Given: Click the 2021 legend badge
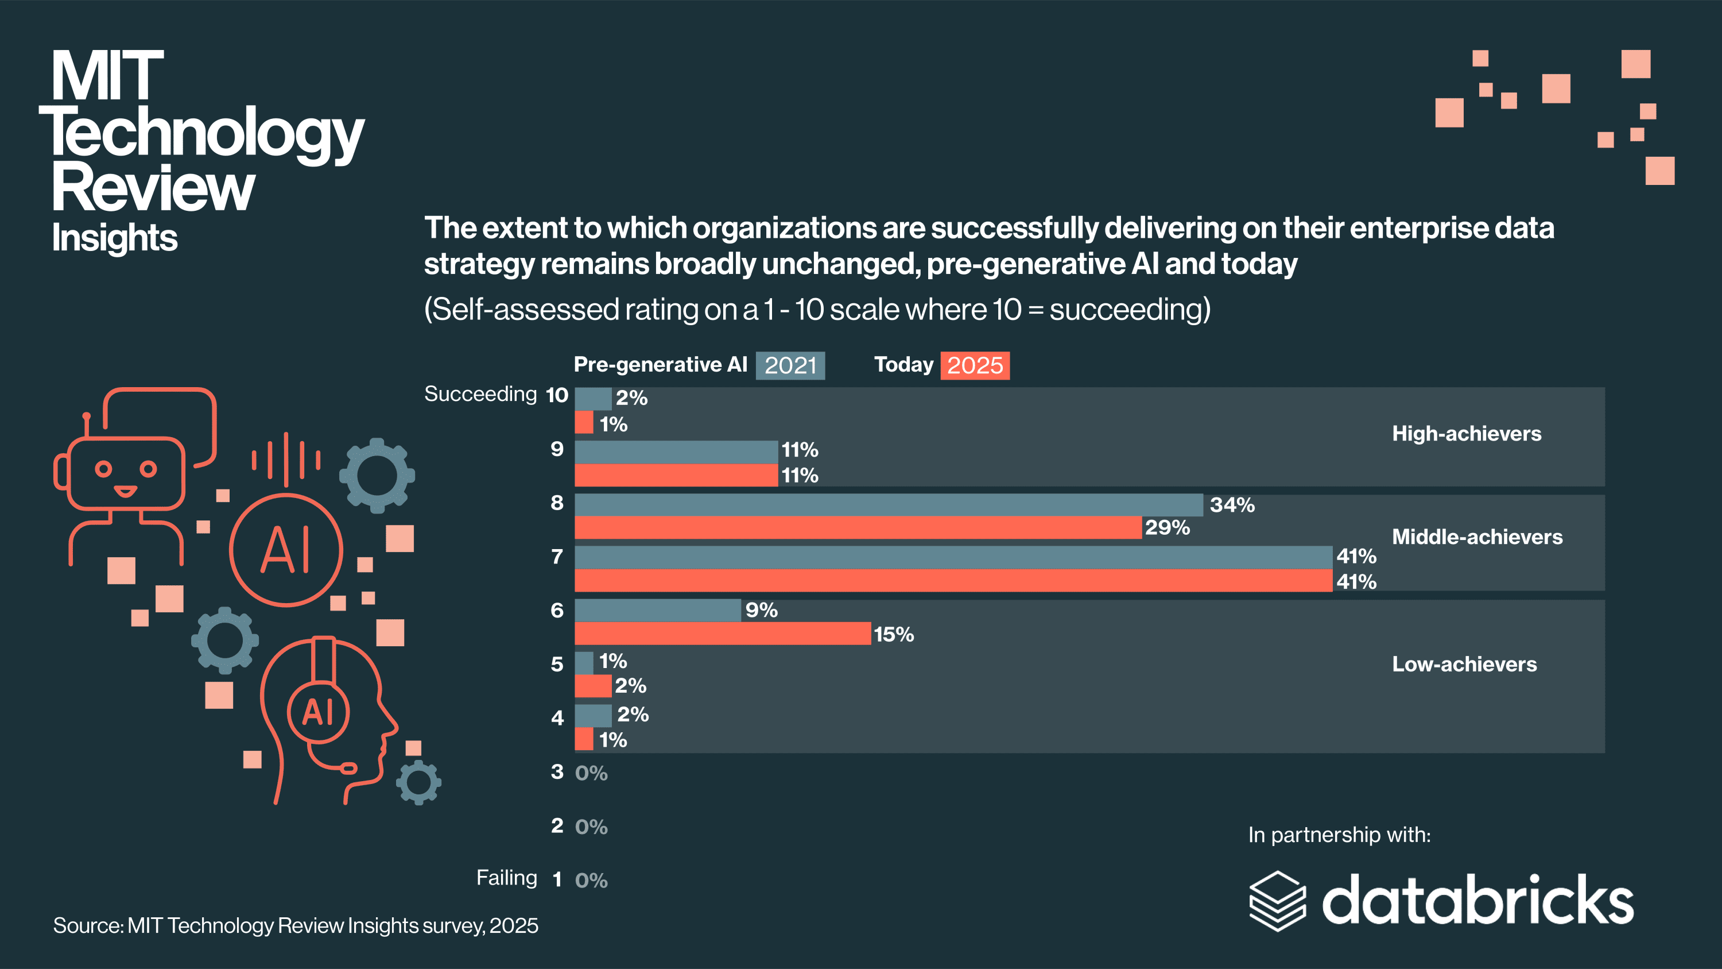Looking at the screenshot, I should click(x=790, y=366).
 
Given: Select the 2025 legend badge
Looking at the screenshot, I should click(x=975, y=366).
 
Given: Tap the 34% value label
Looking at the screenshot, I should click(x=1232, y=505).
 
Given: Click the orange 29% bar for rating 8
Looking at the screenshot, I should click(x=858, y=528).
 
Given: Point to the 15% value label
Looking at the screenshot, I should click(x=894, y=634).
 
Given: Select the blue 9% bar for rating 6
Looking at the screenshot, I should click(x=658, y=610).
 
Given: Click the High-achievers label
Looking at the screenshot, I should click(x=1467, y=434).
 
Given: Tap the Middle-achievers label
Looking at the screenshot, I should click(x=1477, y=537).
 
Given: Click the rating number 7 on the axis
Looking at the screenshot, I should click(x=557, y=557).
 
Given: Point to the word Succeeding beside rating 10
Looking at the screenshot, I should click(x=480, y=394).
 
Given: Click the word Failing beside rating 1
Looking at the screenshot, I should click(x=507, y=877).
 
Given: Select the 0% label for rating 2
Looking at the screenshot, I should click(x=592, y=827).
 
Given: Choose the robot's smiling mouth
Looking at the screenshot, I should click(x=125, y=492).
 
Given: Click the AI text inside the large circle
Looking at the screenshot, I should click(x=286, y=550).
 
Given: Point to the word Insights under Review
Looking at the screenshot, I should click(x=115, y=238).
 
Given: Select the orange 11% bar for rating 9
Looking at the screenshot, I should click(x=676, y=476).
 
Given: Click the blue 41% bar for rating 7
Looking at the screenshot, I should click(x=953, y=557).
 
